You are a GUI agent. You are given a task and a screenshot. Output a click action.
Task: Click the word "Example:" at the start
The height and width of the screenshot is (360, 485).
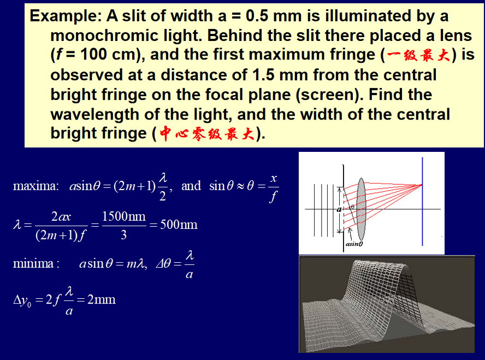(x=66, y=16)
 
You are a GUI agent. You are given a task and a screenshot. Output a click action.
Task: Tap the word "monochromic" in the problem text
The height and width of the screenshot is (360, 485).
(x=104, y=36)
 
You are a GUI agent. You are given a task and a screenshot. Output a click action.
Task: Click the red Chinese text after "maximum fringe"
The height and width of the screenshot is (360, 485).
(x=418, y=55)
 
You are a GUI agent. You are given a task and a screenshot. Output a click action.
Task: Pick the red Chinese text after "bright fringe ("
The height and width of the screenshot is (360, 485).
(x=207, y=134)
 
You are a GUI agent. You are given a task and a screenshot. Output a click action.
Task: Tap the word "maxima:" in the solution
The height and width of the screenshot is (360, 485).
(x=36, y=186)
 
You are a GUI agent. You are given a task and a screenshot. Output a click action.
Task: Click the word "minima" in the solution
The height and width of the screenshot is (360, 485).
(x=33, y=263)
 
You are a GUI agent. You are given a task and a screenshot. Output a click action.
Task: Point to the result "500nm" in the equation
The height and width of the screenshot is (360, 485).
(x=179, y=225)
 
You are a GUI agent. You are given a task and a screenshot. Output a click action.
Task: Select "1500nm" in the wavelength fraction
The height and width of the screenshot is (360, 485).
(x=124, y=216)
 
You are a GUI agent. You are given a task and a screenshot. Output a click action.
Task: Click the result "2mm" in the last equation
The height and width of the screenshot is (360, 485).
(x=102, y=299)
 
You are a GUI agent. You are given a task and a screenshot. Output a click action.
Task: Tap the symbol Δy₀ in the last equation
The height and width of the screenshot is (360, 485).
(x=22, y=300)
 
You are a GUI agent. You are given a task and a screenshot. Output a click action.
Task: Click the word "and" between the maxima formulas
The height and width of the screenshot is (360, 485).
(x=191, y=186)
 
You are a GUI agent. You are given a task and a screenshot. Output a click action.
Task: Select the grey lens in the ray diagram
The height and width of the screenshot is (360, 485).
(x=361, y=209)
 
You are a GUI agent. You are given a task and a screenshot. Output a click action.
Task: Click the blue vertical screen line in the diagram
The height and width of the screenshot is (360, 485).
(x=423, y=202)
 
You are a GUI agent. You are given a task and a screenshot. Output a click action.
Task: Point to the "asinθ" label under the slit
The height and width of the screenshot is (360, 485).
(x=354, y=244)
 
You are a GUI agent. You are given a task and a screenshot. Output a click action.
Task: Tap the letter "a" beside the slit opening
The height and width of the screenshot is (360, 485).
(x=339, y=210)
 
